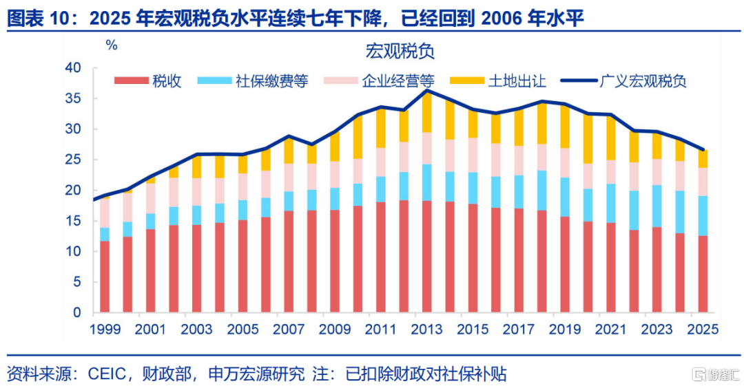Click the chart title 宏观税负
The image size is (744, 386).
pyautogui.click(x=400, y=51)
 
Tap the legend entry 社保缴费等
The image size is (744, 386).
pyautogui.click(x=252, y=81)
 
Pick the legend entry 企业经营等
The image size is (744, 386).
pyautogui.click(x=379, y=81)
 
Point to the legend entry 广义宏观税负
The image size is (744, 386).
pyautogui.click(x=623, y=81)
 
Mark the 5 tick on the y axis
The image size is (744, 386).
pyautogui.click(x=77, y=282)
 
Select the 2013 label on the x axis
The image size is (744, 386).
pyautogui.click(x=426, y=329)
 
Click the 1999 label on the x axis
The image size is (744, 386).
pyautogui.click(x=105, y=329)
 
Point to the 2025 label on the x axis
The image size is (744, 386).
pyautogui.click(x=703, y=329)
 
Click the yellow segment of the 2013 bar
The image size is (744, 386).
pyautogui.click(x=426, y=111)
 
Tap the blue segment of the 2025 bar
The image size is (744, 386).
pyautogui.click(x=703, y=216)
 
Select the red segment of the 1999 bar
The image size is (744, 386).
pyautogui.click(x=105, y=277)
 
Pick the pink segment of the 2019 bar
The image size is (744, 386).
pyautogui.click(x=565, y=162)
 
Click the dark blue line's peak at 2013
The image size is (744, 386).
pyautogui.click(x=427, y=90)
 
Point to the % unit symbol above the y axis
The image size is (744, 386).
pyautogui.click(x=112, y=45)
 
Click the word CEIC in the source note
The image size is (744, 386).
pyautogui.click(x=107, y=374)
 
